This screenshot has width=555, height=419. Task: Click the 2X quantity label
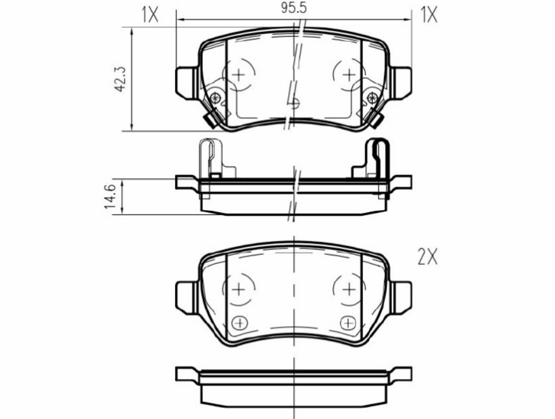click(428, 258)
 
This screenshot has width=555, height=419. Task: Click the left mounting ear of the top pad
click(186, 83)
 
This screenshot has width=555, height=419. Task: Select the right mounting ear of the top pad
click(401, 83)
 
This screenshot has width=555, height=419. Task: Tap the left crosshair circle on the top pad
click(239, 74)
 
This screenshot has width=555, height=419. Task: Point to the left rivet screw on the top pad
click(215, 98)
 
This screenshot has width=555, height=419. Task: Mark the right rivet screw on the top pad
click(372, 98)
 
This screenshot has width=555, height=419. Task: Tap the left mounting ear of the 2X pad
click(186, 296)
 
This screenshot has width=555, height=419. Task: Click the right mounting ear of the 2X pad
click(401, 296)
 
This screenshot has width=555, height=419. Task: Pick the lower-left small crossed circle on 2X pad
click(240, 323)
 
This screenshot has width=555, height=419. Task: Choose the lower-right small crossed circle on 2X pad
click(348, 323)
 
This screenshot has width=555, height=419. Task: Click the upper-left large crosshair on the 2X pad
click(238, 289)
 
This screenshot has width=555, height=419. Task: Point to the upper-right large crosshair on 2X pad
click(349, 289)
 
